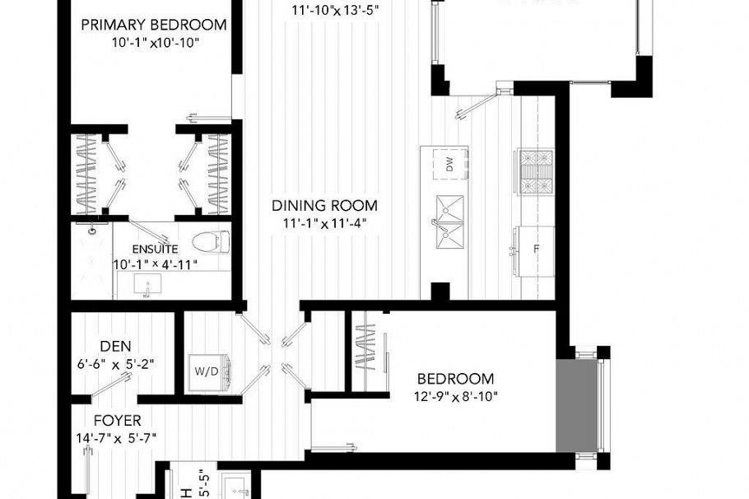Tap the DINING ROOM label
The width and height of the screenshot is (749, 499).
click(x=326, y=205)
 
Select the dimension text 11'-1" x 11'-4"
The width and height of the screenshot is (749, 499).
click(x=326, y=222)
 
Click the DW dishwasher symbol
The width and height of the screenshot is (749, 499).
click(x=449, y=166)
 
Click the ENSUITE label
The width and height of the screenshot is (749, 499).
click(x=156, y=249)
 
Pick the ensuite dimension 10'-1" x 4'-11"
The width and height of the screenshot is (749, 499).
click(x=156, y=264)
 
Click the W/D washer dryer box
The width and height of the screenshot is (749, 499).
click(x=206, y=370)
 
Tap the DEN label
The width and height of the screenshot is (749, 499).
click(x=115, y=346)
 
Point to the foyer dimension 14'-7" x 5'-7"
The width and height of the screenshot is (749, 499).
click(x=119, y=437)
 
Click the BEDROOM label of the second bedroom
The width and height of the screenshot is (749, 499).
click(x=455, y=379)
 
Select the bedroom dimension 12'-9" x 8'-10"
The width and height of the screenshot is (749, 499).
click(x=455, y=396)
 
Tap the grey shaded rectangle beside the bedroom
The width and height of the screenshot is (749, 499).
click(x=576, y=405)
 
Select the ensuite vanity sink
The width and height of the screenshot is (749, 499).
click(x=147, y=287)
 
